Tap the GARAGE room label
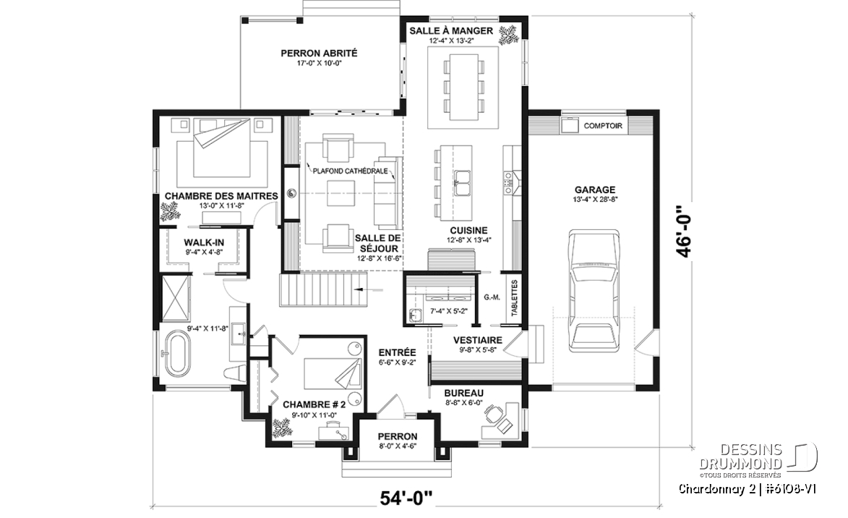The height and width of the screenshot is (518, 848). (595, 190)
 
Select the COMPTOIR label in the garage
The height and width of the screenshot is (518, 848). (603, 126)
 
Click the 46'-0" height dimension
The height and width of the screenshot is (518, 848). (684, 230)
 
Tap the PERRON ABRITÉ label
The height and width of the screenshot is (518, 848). (319, 53)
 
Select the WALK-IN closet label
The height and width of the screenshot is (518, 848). (204, 242)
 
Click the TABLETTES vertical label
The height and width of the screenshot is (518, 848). (514, 298)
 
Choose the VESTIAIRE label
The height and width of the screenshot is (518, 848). (478, 340)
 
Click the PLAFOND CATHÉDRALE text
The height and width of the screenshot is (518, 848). (351, 171)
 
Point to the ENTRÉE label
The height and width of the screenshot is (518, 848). (397, 352)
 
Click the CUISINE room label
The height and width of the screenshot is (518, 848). (469, 230)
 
